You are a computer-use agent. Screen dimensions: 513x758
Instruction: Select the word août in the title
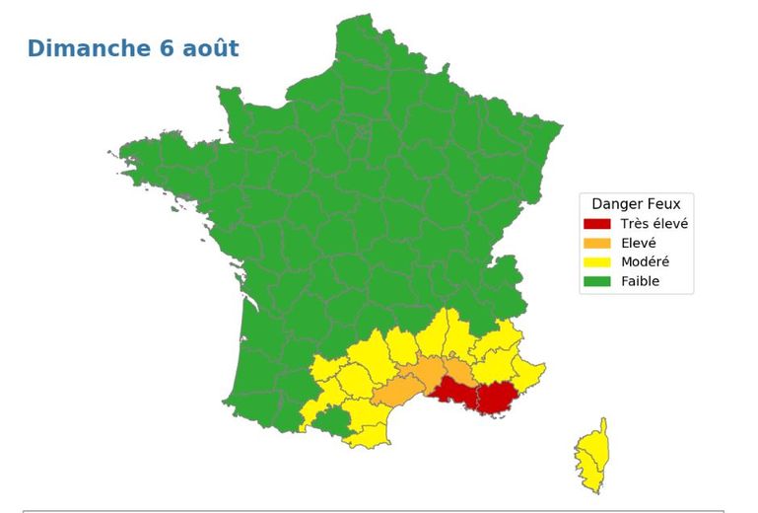pos(210,48)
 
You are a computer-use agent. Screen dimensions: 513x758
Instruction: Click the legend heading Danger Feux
pos(635,204)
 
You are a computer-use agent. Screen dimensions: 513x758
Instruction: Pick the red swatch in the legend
pos(597,224)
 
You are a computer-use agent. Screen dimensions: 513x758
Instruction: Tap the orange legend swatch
pos(597,243)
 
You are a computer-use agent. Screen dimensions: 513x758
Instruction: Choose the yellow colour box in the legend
pos(597,261)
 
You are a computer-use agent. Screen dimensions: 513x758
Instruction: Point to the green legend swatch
pos(597,281)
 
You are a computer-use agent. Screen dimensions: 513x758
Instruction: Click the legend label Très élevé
pos(655,224)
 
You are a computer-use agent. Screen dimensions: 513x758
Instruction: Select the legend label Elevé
pos(639,243)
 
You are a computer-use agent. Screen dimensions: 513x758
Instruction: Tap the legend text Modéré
pos(645,261)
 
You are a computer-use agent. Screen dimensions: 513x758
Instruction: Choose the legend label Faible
pos(640,281)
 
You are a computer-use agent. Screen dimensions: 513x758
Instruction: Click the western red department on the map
pos(454,391)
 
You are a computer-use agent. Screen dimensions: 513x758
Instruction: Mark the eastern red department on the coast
pos(498,398)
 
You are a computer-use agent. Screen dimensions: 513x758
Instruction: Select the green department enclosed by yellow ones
pos(332,422)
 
